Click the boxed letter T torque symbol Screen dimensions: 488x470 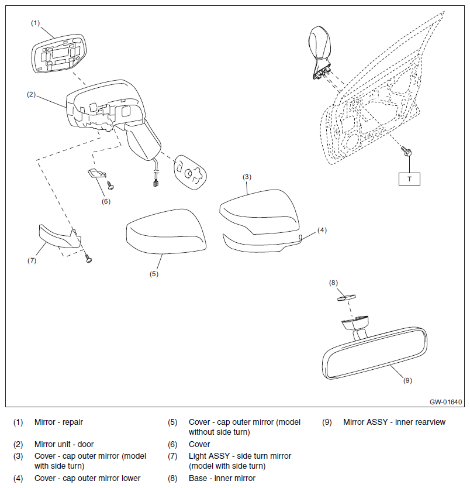point(409,179)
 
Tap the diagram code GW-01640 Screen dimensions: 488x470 point(446,403)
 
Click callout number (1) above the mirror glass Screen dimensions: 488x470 point(36,23)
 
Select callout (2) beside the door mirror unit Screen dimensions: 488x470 point(32,94)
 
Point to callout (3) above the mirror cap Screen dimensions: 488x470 point(247,176)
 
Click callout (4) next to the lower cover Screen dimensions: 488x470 point(322,231)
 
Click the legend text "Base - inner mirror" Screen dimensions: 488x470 point(222,478)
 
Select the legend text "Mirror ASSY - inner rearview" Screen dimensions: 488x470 point(394,422)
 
